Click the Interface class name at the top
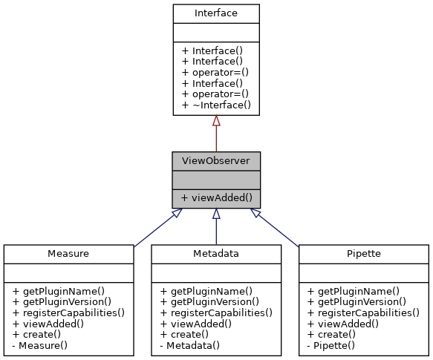pos(215,13)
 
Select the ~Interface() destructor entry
pos(216,105)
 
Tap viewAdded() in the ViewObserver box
pos(216,197)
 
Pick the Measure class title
pos(68,253)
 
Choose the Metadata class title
pos(216,253)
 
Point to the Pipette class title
pos(364,253)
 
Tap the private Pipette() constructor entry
pos(336,345)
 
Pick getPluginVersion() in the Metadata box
pos(209,301)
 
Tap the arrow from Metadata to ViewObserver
pos(216,226)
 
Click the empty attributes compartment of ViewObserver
pos(215,179)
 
